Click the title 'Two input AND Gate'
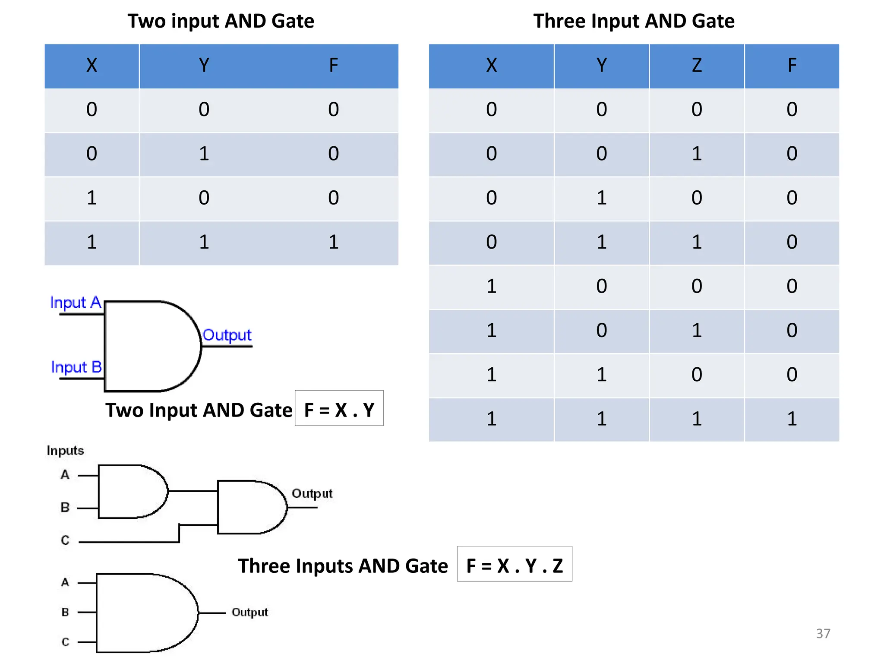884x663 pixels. click(221, 21)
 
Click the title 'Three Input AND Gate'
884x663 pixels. click(634, 21)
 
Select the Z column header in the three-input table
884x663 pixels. click(696, 66)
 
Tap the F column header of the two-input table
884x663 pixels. click(333, 66)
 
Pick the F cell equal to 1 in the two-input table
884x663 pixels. click(333, 242)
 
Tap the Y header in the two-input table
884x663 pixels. click(204, 66)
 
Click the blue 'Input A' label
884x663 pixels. click(76, 303)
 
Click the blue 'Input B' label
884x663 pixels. click(76, 367)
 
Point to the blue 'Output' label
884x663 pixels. click(227, 335)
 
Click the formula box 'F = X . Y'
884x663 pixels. click(339, 409)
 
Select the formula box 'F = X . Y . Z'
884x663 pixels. click(515, 565)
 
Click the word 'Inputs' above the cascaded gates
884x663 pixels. click(65, 451)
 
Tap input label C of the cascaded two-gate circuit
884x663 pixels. click(65, 540)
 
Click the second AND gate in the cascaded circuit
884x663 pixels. click(250, 508)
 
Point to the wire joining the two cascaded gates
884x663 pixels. click(193, 491)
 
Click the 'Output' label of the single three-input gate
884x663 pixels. click(249, 612)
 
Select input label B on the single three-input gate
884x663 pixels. click(65, 612)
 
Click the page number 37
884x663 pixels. click(823, 634)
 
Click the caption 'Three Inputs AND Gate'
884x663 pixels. click(343, 566)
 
